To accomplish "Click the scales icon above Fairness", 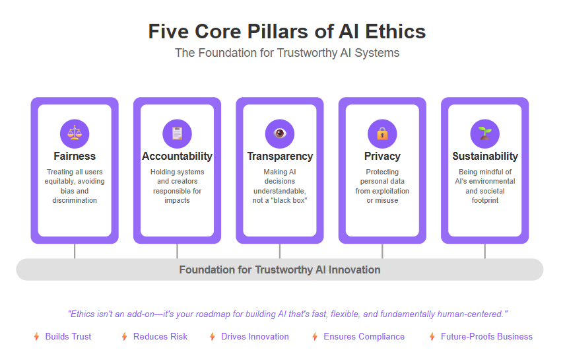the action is [75, 133].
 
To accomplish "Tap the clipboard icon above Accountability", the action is [177, 133].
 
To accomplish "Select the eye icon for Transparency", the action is [280, 133].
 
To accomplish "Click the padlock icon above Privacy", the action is [382, 133].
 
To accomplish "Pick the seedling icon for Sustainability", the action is [485, 133].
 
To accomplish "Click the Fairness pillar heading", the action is [75, 156].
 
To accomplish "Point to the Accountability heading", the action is [177, 156].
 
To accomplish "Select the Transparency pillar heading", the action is [280, 156].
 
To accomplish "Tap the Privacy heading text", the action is [382, 156].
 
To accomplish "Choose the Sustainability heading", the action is [485, 156].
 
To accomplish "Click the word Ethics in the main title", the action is [395, 32].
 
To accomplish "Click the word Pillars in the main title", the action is [277, 32].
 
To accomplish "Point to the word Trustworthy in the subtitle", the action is [307, 53].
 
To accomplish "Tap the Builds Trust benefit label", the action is [68, 337].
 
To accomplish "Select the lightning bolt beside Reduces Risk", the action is [124, 337].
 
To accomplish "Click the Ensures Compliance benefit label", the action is [364, 337].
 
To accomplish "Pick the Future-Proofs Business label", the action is [486, 337].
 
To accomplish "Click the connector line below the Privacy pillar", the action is [382, 251].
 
